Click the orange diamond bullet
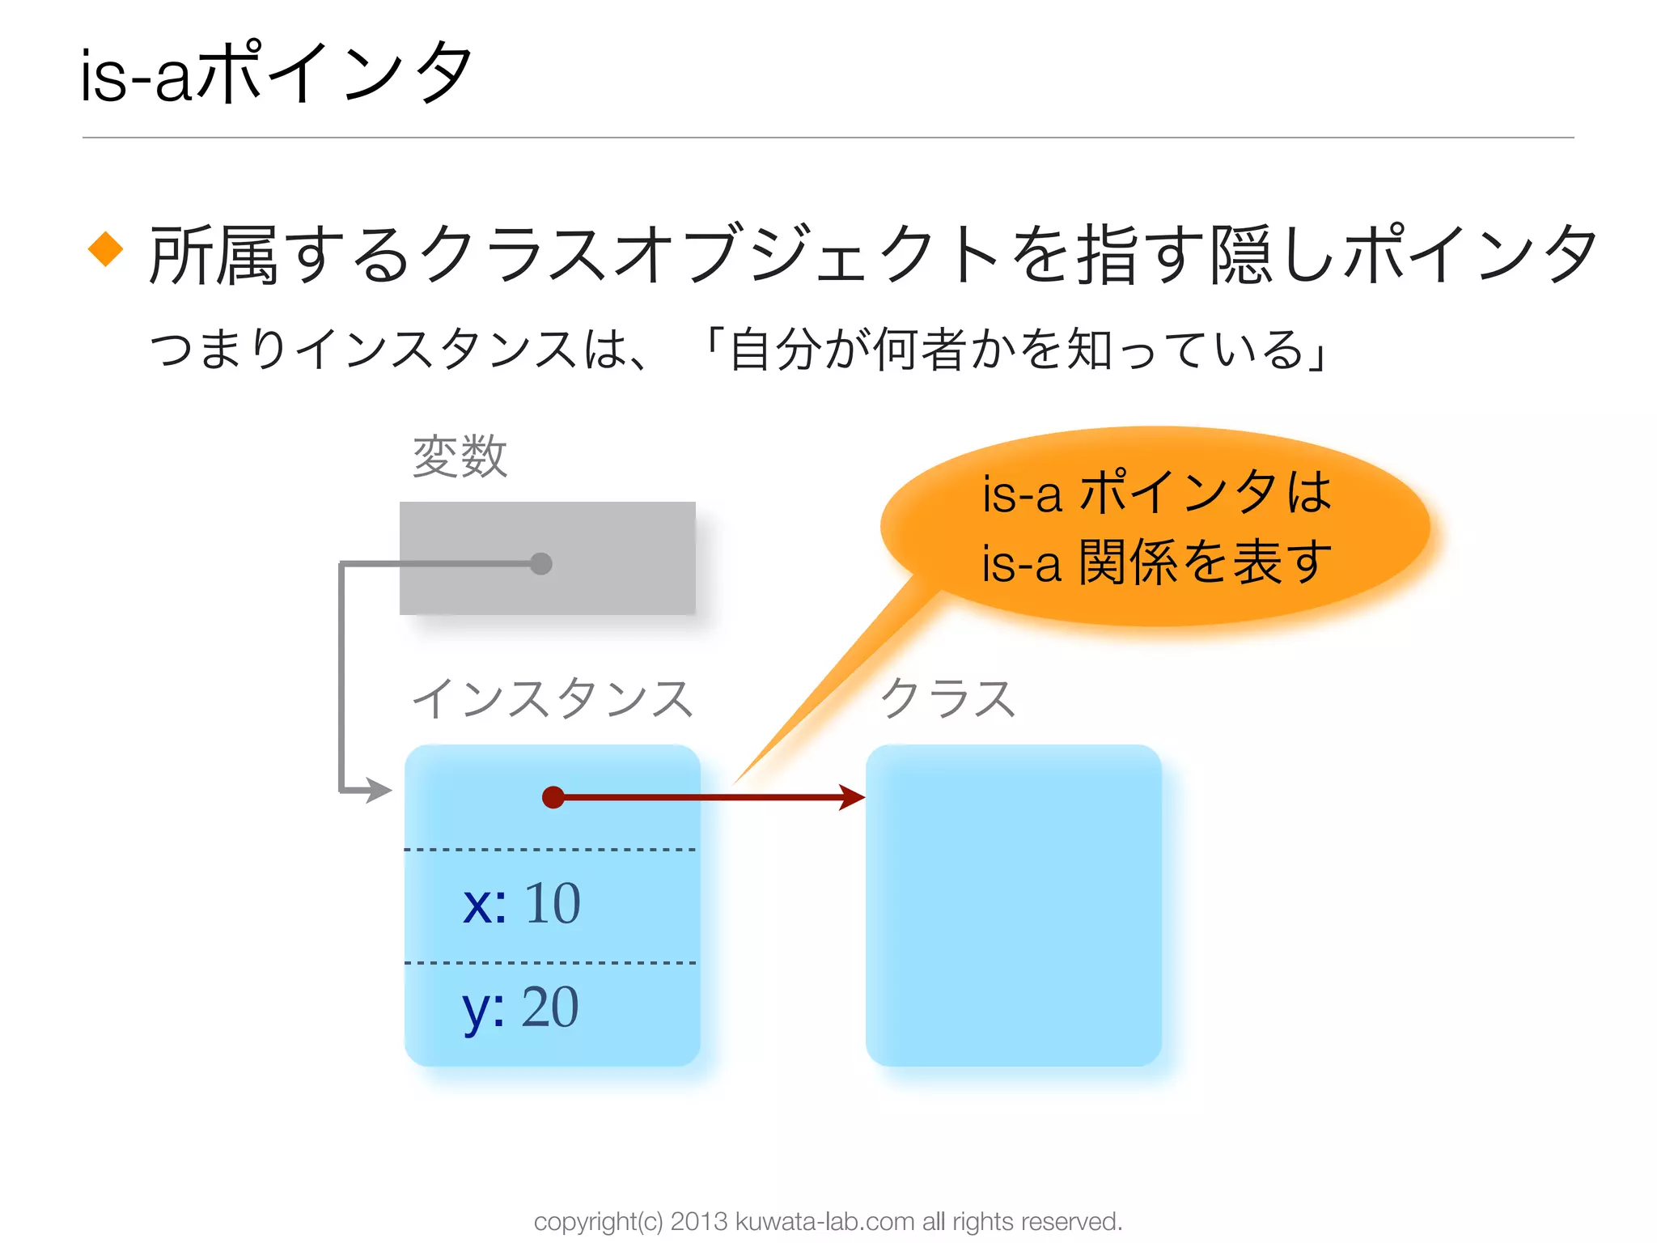(105, 248)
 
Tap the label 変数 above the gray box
(460, 456)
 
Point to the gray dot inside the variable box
(541, 563)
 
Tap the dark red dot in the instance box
(553, 797)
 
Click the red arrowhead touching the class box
(851, 797)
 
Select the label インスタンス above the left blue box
(553, 698)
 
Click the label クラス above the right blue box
(947, 698)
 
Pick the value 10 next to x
(553, 903)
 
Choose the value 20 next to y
(550, 1008)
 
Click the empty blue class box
(1013, 905)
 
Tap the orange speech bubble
(1155, 526)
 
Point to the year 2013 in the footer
(699, 1221)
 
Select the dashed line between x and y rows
(550, 963)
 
